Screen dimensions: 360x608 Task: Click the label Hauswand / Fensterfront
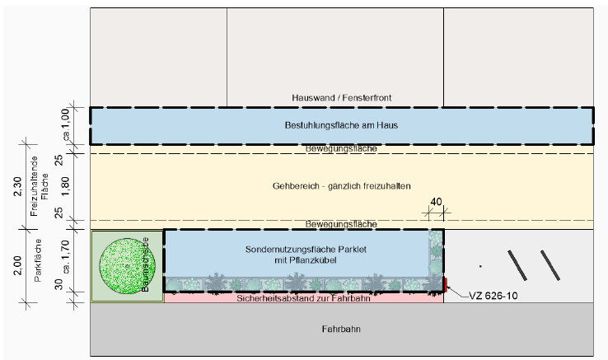pyautogui.click(x=341, y=97)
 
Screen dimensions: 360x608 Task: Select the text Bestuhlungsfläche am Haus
pyautogui.click(x=341, y=126)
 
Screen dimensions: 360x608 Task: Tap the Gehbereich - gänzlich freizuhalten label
pyautogui.click(x=341, y=186)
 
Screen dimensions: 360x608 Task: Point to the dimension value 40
pyautogui.click(x=436, y=202)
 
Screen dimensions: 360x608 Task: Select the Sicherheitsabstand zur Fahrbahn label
pyautogui.click(x=302, y=298)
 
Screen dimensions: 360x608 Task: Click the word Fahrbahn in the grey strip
pyautogui.click(x=341, y=329)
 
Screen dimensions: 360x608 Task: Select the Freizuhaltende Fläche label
pyautogui.click(x=40, y=186)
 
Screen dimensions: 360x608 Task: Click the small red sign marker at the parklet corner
pyautogui.click(x=445, y=285)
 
